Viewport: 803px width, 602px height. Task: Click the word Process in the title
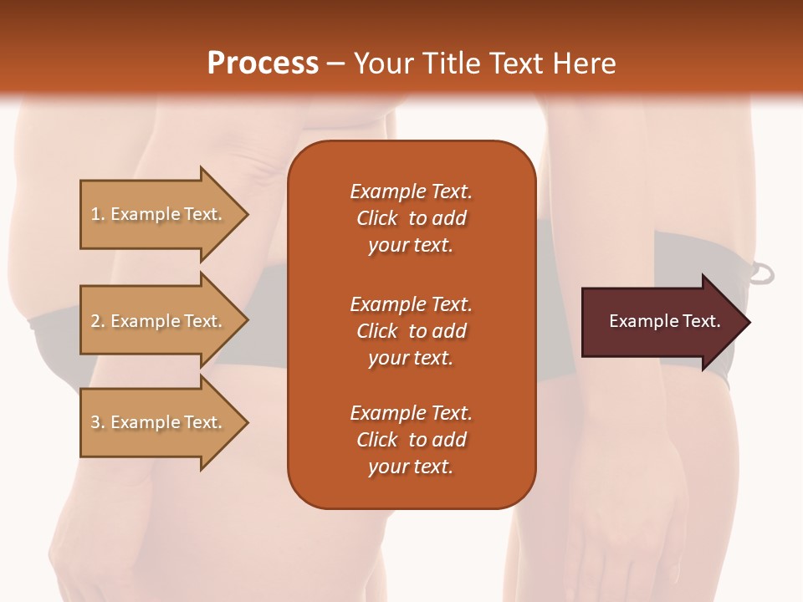tap(263, 63)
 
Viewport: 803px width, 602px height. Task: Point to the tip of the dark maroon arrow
tap(748, 322)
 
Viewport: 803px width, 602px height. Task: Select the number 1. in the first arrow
tap(97, 214)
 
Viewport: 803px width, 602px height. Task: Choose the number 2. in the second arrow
tap(97, 321)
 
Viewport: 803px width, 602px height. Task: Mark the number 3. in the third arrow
tap(97, 422)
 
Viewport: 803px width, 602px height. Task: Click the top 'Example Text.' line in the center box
tap(411, 191)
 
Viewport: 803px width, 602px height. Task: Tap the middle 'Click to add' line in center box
tap(411, 331)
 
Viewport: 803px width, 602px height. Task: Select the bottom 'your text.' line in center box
tap(411, 467)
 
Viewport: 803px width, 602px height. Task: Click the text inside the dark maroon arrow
tap(665, 321)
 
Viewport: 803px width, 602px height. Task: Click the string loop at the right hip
tap(763, 273)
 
